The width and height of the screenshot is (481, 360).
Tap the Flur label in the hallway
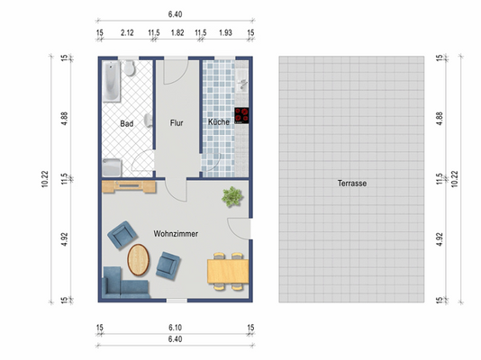pyautogui.click(x=176, y=121)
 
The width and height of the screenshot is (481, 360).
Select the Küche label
pyautogui.click(x=219, y=121)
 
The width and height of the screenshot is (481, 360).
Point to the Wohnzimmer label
pyautogui.click(x=176, y=233)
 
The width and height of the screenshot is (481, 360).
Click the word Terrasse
pyautogui.click(x=352, y=183)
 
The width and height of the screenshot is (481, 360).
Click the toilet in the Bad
pyautogui.click(x=132, y=69)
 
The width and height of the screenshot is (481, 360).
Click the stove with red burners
pyautogui.click(x=241, y=115)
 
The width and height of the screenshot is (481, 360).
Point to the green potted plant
pyautogui.click(x=232, y=193)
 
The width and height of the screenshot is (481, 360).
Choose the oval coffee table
pyautogui.click(x=140, y=259)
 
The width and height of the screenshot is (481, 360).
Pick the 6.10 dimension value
pyautogui.click(x=176, y=328)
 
